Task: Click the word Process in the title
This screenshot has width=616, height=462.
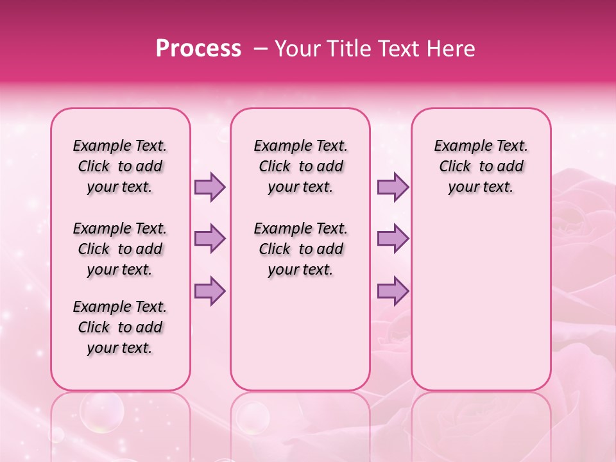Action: (x=198, y=49)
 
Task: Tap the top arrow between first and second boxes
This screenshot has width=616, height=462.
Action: (x=210, y=187)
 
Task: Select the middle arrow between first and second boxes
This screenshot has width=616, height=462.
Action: (x=210, y=239)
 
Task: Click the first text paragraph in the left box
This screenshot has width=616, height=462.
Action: (x=120, y=166)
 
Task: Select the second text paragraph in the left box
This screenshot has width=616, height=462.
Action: (x=120, y=249)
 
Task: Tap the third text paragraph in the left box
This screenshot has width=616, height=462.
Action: (x=120, y=327)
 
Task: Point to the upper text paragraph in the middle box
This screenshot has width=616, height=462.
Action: (x=301, y=166)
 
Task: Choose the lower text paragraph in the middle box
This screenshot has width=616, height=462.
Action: (x=301, y=249)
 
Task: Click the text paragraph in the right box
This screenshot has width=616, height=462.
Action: (x=481, y=166)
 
